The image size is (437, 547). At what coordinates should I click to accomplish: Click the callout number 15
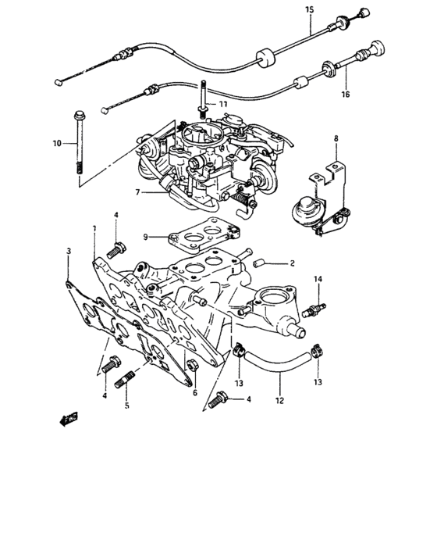[x=309, y=9]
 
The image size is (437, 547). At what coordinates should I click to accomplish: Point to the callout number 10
[x=56, y=143]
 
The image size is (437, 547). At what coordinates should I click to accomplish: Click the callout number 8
[x=336, y=138]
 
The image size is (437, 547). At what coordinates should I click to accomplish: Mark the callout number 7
[x=137, y=191]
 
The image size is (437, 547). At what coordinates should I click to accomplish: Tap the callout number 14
[x=318, y=279]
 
